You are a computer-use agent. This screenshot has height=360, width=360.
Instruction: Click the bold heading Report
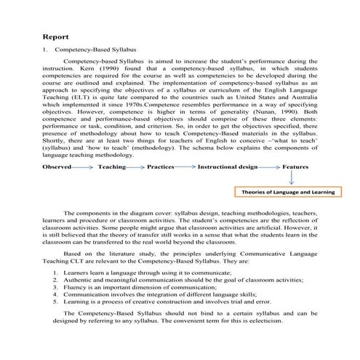pyautogui.click(x=57, y=36)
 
